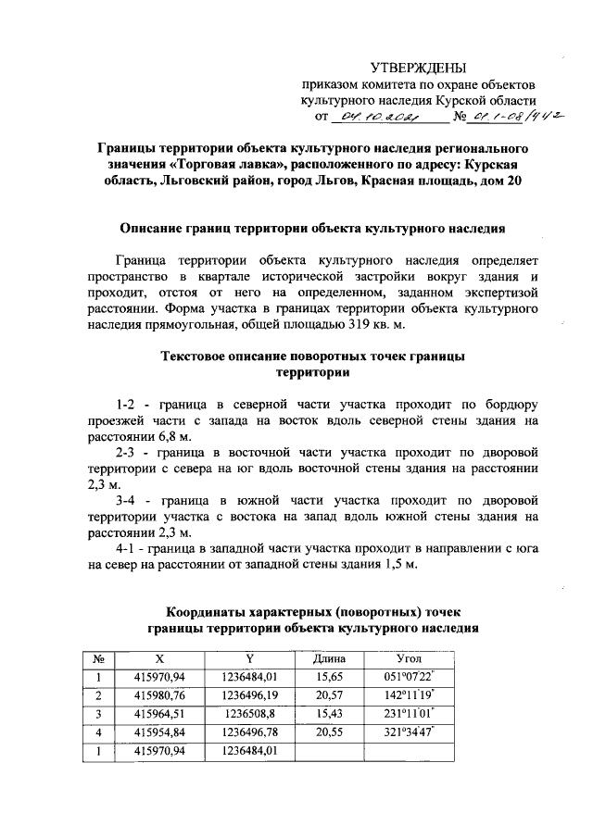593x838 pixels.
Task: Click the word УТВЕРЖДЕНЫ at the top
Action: coord(419,67)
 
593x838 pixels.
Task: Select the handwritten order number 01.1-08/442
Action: coord(520,117)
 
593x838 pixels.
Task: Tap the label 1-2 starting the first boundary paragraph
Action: coord(129,405)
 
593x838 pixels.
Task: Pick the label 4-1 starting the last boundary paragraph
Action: coord(129,547)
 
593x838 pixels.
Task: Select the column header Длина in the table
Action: coord(330,658)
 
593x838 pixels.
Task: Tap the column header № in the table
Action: coord(98,658)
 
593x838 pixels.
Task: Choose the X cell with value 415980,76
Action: coord(159,695)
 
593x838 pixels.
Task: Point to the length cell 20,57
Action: coord(330,695)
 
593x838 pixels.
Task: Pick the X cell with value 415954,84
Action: coord(159,732)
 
